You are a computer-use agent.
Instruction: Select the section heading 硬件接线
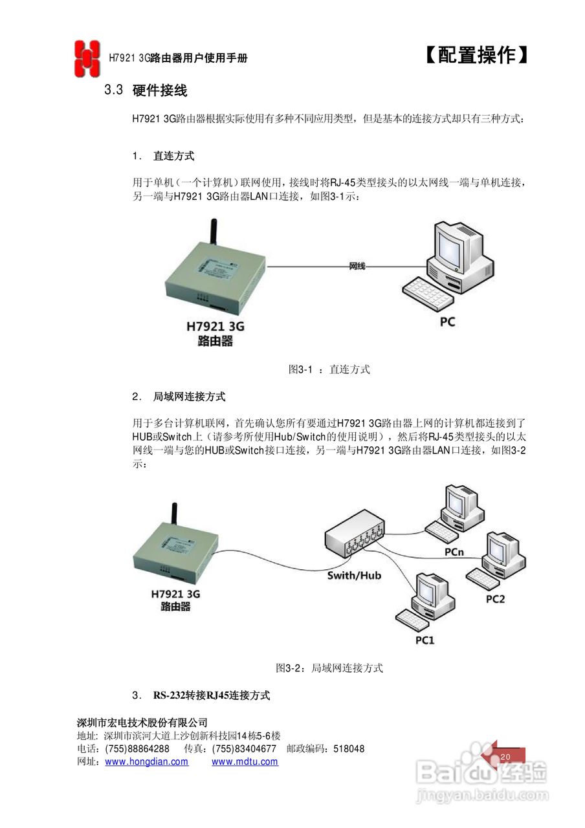pos(160,91)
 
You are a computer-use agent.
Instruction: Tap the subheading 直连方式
pos(173,156)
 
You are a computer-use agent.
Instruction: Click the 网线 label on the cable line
pos(357,266)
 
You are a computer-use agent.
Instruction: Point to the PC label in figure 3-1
pos(447,321)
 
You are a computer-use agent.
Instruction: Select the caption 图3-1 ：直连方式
pos(329,369)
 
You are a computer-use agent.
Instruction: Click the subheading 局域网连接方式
pos(189,396)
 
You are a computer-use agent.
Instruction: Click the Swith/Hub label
pos(354,574)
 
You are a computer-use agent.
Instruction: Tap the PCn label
pos(454,552)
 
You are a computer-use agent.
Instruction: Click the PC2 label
pos(495,599)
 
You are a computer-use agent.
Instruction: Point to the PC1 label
pos(425,640)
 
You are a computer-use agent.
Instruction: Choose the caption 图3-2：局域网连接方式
pos(329,668)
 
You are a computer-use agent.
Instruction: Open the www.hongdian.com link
pos(147,762)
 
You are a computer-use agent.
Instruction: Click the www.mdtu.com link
pos(245,762)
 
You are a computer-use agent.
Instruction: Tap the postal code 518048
pos(349,749)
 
